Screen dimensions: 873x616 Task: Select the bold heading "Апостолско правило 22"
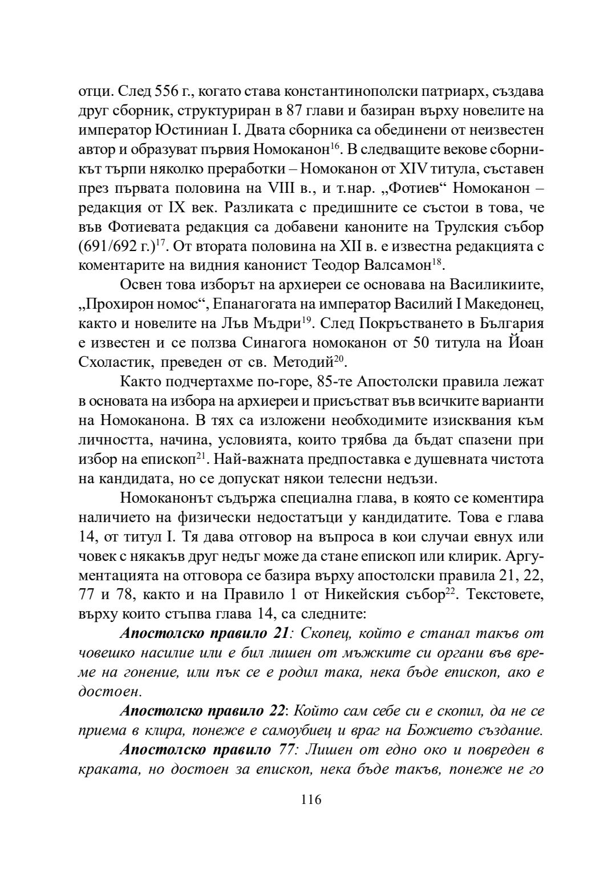click(202, 712)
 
